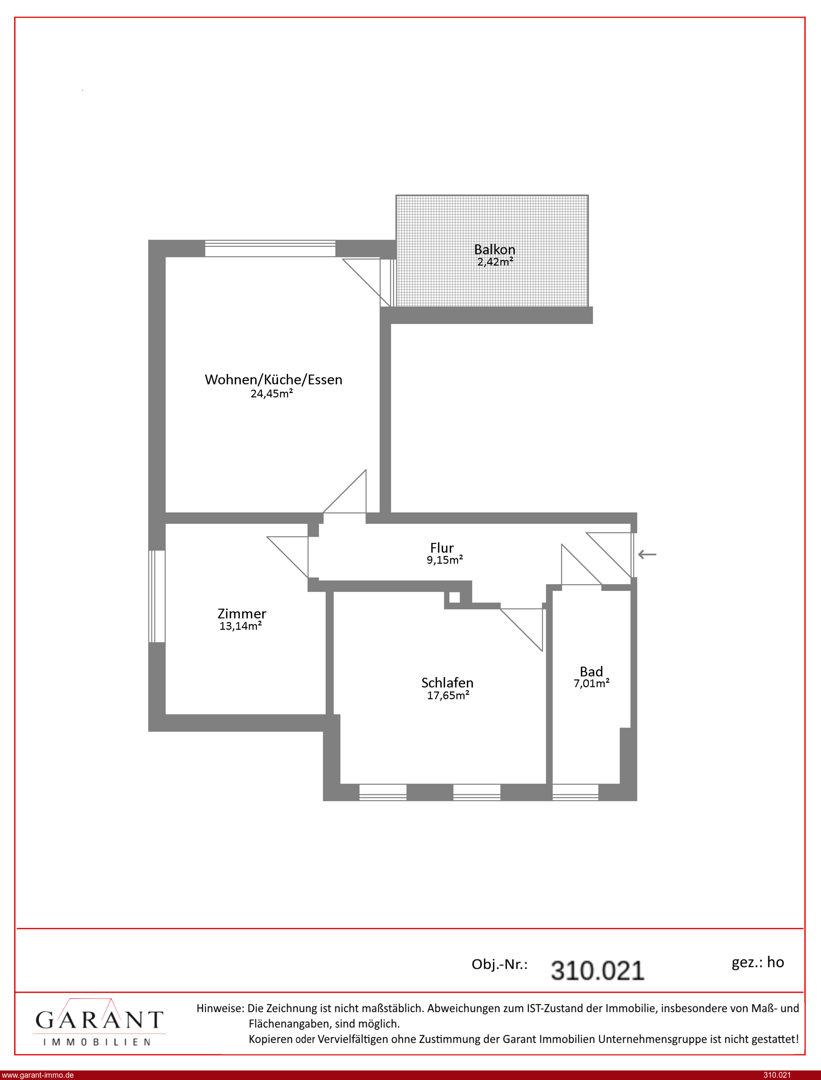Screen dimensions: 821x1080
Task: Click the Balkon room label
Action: pyautogui.click(x=494, y=249)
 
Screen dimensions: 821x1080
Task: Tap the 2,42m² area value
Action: pyautogui.click(x=495, y=262)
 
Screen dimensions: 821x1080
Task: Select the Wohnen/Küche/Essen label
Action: pyautogui.click(x=273, y=380)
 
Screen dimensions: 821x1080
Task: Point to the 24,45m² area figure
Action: pyautogui.click(x=272, y=393)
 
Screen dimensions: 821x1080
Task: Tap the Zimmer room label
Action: pyautogui.click(x=242, y=614)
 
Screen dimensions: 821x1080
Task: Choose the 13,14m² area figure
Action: pyautogui.click(x=241, y=626)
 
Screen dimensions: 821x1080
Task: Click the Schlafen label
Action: pyautogui.click(x=447, y=682)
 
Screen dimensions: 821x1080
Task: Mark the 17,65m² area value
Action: pyautogui.click(x=448, y=695)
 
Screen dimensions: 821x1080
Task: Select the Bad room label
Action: pyautogui.click(x=591, y=671)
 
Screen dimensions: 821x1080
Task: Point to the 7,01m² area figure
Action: pyautogui.click(x=591, y=684)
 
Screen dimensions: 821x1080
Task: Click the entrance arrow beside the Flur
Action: pyautogui.click(x=647, y=554)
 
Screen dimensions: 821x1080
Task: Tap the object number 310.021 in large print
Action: pyautogui.click(x=597, y=971)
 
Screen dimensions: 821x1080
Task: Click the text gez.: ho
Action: pyautogui.click(x=758, y=962)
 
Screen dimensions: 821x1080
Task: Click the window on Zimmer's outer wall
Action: pyautogui.click(x=157, y=596)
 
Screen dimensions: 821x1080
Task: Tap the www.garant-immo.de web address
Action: pyautogui.click(x=37, y=1075)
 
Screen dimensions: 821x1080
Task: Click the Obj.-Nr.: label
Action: pyautogui.click(x=499, y=965)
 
